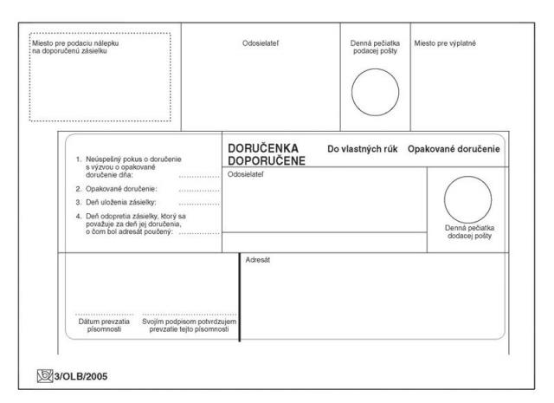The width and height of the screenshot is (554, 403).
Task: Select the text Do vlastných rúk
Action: point(363,150)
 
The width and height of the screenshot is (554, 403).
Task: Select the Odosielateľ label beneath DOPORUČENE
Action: point(244,174)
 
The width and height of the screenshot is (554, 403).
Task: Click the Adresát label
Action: point(258,261)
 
